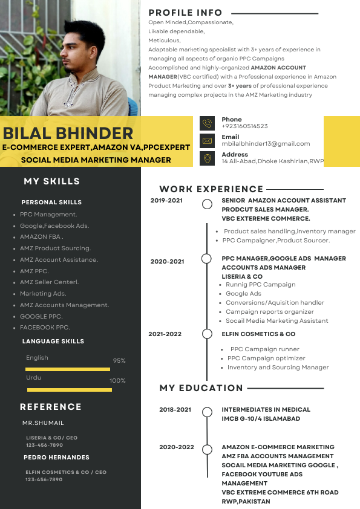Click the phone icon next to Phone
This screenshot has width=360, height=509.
208,123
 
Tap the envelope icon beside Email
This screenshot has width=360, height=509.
208,141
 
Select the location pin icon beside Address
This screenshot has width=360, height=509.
208,158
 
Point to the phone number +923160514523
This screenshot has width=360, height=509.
244,126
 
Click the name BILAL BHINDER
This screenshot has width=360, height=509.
68,134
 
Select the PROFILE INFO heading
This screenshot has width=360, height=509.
185,13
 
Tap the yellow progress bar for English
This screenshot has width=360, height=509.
68,369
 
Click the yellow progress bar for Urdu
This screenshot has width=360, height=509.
68,390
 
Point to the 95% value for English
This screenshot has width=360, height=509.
119,361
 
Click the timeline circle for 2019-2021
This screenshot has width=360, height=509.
207,204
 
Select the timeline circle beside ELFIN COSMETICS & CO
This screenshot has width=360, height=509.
207,334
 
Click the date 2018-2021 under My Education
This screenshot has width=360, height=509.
175,410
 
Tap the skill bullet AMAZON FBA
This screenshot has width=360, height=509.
41,237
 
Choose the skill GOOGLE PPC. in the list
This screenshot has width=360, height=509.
41,316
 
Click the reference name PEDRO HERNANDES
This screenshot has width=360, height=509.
56,458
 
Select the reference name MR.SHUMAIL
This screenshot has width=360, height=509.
43,423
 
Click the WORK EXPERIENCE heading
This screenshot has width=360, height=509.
211,189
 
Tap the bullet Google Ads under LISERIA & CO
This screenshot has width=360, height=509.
243,294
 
